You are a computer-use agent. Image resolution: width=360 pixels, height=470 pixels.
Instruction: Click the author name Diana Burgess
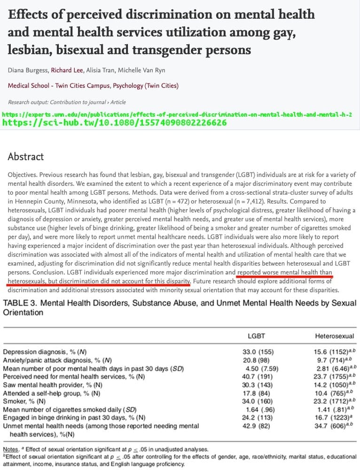point(28,70)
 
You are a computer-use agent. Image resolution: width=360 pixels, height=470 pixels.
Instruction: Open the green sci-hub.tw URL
point(115,123)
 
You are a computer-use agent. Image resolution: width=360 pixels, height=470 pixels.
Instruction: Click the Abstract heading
point(26,157)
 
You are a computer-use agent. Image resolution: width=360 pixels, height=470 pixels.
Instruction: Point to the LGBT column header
point(257,337)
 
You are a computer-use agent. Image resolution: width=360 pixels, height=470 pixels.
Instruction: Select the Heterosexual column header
point(334,337)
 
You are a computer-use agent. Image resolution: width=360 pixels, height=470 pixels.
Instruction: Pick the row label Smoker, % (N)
point(25,401)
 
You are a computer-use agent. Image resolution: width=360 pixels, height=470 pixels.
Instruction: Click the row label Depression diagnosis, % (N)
point(45,352)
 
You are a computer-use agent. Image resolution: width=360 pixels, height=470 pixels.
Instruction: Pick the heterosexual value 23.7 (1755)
point(332,376)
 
